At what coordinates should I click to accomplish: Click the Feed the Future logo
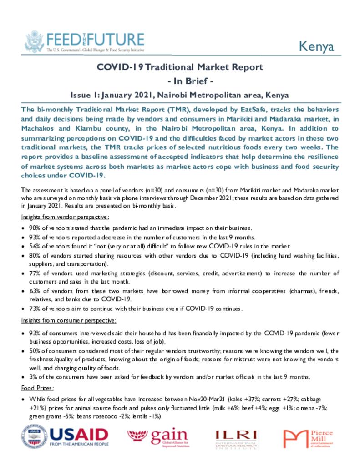coord(83,42)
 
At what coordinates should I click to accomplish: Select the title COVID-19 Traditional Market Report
coord(180,67)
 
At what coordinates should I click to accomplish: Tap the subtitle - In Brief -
coord(180,81)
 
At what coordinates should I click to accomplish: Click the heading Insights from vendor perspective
coord(65,218)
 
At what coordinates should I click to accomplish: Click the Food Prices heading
coord(38,388)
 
